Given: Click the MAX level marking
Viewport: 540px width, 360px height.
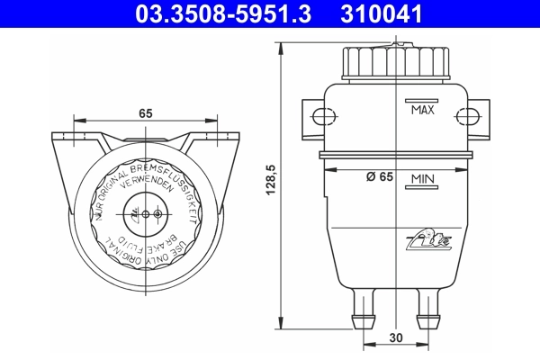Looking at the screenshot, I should pos(422,111).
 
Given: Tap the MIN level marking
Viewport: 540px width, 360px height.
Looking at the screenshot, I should pos(423,180).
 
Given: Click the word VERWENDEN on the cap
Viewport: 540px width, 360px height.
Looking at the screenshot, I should pos(144,178).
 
